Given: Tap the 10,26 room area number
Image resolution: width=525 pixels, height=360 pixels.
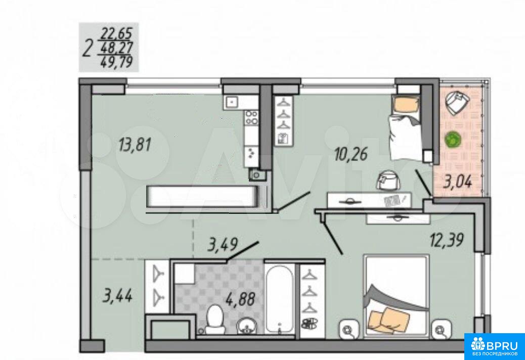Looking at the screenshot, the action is [351, 154].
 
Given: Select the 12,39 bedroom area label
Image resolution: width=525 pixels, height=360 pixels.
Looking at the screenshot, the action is [447, 240].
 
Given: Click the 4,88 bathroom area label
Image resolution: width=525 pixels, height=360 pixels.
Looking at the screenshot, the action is [240, 298].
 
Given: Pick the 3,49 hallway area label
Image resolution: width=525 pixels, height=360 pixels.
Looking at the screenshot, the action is [223, 245].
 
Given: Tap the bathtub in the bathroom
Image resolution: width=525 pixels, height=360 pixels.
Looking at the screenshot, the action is [280, 299].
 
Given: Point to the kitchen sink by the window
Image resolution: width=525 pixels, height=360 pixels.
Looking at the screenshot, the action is [232, 101].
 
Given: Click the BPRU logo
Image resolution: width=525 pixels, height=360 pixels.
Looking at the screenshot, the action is [495, 346].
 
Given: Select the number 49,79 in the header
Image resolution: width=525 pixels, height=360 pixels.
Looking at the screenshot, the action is [117, 62].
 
